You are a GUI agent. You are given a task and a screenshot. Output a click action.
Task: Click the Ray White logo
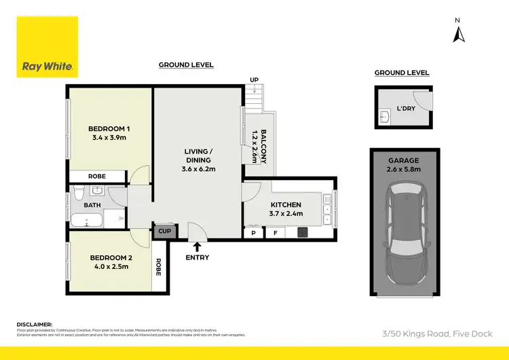(x=47, y=48)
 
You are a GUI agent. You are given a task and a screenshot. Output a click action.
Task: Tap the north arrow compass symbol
(x=458, y=32)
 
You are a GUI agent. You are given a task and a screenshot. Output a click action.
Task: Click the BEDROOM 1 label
(x=109, y=129)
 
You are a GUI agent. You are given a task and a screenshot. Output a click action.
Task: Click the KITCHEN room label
(x=286, y=204)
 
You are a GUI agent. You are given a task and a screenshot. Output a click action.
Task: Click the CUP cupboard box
(x=164, y=232)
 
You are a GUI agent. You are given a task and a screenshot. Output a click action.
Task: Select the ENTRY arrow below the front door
(x=197, y=246)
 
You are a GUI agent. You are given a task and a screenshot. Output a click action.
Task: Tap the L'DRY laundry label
(x=406, y=107)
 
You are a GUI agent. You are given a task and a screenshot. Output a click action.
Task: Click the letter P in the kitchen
(x=253, y=232)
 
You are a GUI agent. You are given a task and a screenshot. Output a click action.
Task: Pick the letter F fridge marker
(x=275, y=232)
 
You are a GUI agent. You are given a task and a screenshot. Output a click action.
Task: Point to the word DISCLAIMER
(x=34, y=324)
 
